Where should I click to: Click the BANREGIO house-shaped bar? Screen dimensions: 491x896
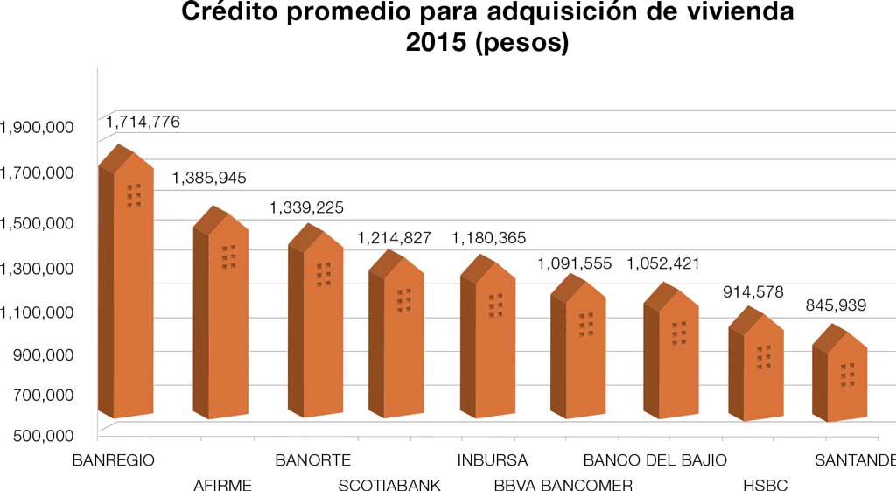[x=126, y=289]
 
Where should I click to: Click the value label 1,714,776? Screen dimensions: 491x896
[x=143, y=123]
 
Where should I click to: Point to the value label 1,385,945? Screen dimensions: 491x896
[x=209, y=179]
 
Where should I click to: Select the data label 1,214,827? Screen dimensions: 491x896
[x=394, y=238]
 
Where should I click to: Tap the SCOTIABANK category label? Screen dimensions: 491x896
[x=389, y=485]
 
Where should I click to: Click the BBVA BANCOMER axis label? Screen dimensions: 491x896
[x=563, y=485]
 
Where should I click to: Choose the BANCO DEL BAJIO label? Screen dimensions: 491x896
[x=654, y=460]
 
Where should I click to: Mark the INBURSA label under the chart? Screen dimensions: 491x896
[x=493, y=460]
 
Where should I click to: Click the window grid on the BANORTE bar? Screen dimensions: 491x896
[x=324, y=274]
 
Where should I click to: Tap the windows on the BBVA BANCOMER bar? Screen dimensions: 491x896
[x=586, y=325]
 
